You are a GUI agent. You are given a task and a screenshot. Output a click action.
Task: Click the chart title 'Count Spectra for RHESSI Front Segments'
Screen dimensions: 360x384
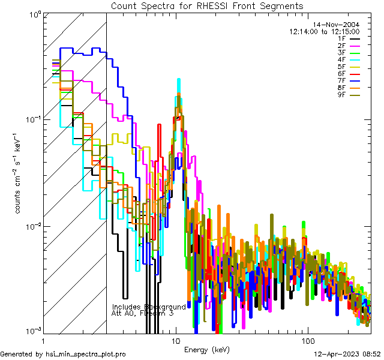[x=207, y=5]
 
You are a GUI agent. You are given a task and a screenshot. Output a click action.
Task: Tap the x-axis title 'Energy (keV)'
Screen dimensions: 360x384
[x=206, y=350]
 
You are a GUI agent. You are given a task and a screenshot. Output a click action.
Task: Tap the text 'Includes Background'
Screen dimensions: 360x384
[x=149, y=307]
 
